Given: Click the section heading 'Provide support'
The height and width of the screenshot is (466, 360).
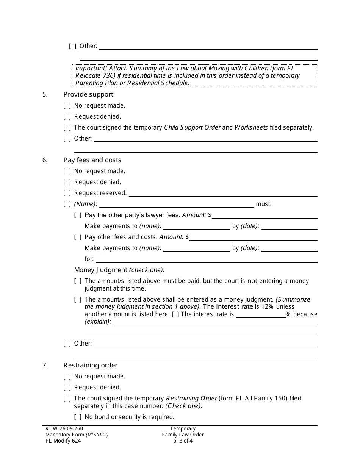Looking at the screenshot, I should pyautogui.click(x=88, y=94).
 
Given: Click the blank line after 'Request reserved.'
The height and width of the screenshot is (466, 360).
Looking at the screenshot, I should pyautogui.click(x=223, y=194).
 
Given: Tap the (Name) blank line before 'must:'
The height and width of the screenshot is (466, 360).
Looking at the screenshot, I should pyautogui.click(x=177, y=205).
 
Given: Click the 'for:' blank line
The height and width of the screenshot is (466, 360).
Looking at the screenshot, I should pyautogui.click(x=207, y=260).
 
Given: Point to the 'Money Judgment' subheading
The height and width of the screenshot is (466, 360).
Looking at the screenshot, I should pyautogui.click(x=100, y=270).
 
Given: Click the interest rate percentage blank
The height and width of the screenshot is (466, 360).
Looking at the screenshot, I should pyautogui.click(x=261, y=315).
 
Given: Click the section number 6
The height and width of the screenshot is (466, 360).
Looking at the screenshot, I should pyautogui.click(x=45, y=160).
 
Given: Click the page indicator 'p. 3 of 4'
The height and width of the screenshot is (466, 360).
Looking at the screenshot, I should pyautogui.click(x=183, y=441).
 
